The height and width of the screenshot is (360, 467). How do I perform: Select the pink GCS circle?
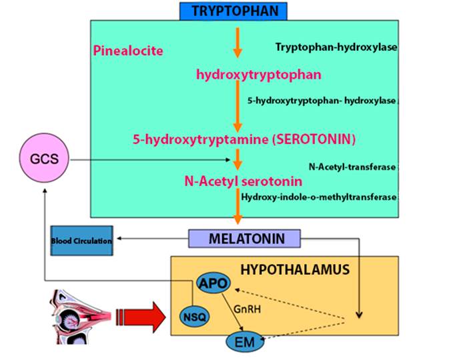(x=45, y=161)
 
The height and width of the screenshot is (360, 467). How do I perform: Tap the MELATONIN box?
(x=244, y=238)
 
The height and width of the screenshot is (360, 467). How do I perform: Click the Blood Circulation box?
(x=81, y=241)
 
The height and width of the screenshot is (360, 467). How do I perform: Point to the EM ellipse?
(x=240, y=342)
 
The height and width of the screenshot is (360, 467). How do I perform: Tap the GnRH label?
(x=245, y=309)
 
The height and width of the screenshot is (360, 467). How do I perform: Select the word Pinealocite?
(x=129, y=51)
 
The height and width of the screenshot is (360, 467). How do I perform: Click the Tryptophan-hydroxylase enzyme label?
(x=336, y=47)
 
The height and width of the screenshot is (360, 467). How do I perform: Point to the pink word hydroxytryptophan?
(x=259, y=75)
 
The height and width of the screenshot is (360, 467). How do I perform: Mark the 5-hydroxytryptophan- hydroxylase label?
(x=322, y=101)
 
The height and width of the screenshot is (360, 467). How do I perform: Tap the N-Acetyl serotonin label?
(x=243, y=181)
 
